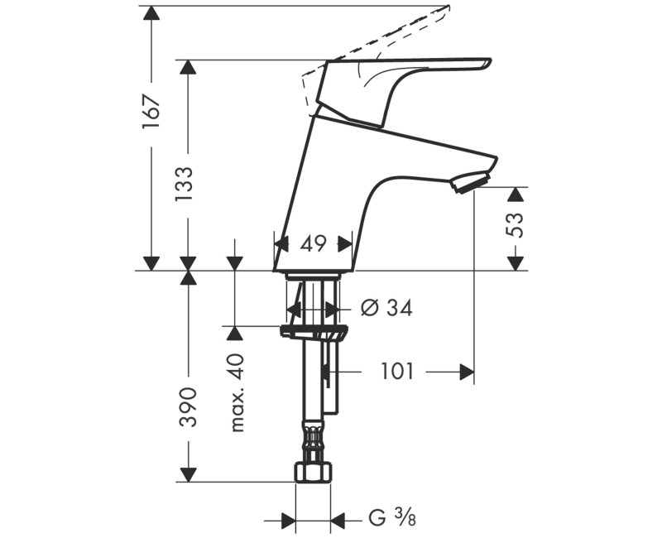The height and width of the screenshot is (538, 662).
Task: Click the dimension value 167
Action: tap(151, 112)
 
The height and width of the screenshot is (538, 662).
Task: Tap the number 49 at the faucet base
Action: tap(313, 243)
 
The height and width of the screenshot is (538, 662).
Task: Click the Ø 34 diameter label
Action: tap(386, 308)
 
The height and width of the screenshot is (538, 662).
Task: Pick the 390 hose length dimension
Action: tap(189, 406)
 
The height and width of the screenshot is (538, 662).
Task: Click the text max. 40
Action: tap(238, 392)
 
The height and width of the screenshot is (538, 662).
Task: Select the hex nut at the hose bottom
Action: tap(313, 472)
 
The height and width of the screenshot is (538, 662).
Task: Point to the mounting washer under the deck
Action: tap(314, 333)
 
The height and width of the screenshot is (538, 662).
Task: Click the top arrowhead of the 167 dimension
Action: tap(151, 14)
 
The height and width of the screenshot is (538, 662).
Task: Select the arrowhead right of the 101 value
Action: tap(467, 372)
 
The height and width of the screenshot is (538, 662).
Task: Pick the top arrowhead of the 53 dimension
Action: tap(516, 195)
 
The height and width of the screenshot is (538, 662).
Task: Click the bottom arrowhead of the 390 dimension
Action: tap(189, 473)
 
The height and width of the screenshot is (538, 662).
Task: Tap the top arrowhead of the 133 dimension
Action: tap(189, 68)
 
